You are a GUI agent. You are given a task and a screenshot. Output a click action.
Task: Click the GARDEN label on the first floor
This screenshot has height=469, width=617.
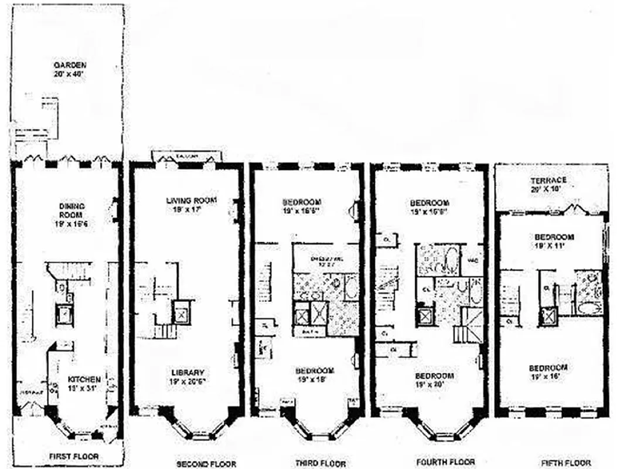tap(70, 64)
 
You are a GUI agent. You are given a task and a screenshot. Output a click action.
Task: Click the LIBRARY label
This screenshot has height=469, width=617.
tap(188, 372)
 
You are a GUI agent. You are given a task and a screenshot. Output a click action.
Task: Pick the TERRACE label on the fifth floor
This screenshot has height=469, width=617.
tap(548, 180)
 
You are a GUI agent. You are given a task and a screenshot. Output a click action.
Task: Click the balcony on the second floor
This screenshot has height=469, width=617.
tap(186, 155)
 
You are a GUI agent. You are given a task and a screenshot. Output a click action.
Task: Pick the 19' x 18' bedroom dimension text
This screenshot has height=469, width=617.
tap(315, 379)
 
